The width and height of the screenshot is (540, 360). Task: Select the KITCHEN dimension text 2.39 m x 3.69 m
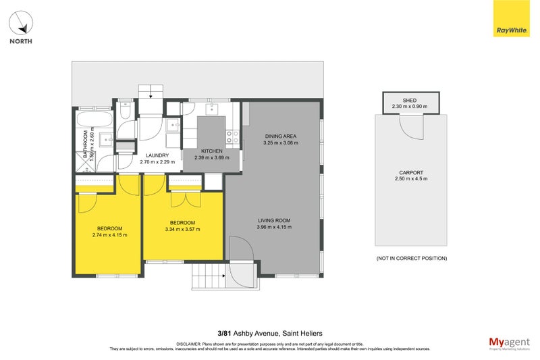[211, 158]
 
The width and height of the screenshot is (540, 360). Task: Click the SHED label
[410, 100]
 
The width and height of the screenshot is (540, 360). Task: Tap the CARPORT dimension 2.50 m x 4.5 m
[411, 178]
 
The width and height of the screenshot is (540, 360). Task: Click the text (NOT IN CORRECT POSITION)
[410, 258]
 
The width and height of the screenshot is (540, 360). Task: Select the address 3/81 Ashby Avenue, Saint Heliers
[269, 333]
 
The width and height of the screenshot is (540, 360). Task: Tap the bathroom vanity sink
[107, 139]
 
